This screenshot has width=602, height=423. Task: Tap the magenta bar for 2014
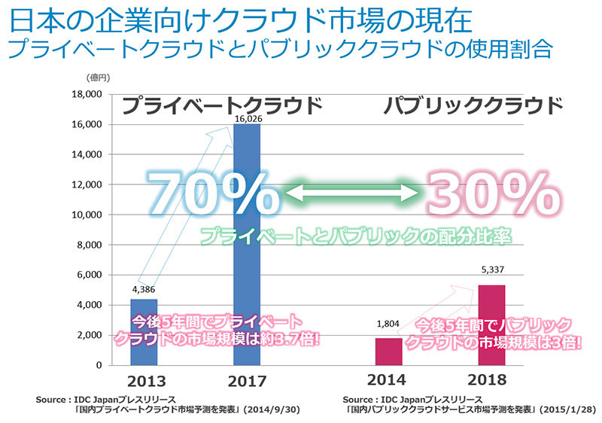point(388,351)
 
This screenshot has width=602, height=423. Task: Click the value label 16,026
point(248,118)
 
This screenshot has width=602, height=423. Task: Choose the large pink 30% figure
point(494,194)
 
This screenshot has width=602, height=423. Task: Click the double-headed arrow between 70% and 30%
point(352,193)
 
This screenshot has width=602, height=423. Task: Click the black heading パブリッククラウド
point(473,105)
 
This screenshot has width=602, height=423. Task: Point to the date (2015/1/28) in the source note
point(568,411)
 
